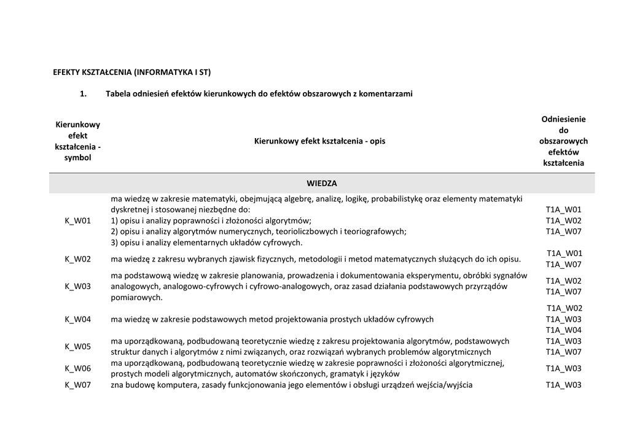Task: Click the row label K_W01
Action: coord(77,220)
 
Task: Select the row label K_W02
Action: coord(77,259)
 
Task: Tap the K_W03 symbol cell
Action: coord(77,286)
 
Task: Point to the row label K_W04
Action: coord(77,319)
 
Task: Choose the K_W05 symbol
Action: coord(77,346)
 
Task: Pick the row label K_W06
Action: coord(77,368)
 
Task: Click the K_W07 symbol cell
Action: coord(77,385)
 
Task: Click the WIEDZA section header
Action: coord(322,183)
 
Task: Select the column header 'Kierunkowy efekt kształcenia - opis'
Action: coord(319,141)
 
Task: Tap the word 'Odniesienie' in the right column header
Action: coord(563,119)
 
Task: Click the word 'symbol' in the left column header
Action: coord(77,158)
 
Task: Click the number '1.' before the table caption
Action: coord(83,94)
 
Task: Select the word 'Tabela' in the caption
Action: coord(119,94)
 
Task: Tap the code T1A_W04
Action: coord(563,330)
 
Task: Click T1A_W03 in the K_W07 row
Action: coord(563,385)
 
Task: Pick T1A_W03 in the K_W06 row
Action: coord(563,368)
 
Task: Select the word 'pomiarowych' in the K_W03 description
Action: coord(136,297)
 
